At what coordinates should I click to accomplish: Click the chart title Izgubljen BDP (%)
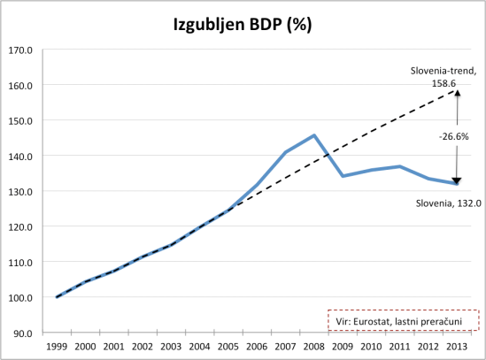point(242,25)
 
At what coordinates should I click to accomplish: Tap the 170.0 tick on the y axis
point(20,50)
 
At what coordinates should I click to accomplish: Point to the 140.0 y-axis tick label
point(20,156)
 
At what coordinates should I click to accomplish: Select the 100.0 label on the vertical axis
point(20,297)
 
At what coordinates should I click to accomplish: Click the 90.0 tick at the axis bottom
point(23,333)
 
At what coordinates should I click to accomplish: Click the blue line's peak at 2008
point(314,135)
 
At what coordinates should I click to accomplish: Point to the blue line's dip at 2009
point(343,176)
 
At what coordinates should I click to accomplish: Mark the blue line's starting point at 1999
point(58,297)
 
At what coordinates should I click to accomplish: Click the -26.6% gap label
point(453,137)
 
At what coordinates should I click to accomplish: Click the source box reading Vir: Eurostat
point(403,320)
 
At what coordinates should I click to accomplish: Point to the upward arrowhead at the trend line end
point(457,94)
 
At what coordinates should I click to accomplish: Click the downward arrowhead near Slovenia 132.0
point(457,180)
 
